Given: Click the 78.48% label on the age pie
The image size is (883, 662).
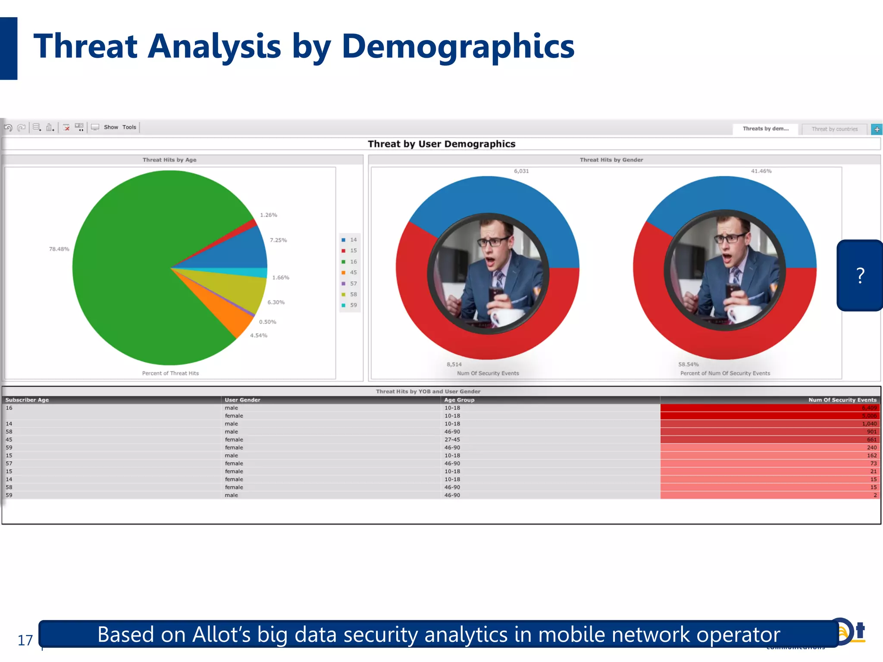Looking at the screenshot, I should point(59,249).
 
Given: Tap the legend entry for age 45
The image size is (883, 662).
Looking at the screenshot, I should point(350,272).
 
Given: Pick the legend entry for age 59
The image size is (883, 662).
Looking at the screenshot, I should point(350,305).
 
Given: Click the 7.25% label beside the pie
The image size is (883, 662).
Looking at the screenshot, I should point(278,240).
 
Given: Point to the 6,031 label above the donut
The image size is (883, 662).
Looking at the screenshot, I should point(521,171).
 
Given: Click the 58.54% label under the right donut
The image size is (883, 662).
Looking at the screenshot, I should point(688,364).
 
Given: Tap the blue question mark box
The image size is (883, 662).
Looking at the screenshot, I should point(860,275).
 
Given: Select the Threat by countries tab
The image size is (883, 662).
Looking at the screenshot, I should point(834,129).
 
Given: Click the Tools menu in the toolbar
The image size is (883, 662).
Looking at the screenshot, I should point(129,127).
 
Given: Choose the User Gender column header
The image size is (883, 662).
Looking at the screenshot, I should point(242,400).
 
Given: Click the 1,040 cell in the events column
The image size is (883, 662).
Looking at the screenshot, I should point(869,424).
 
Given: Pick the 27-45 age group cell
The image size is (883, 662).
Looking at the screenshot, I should point(452,440).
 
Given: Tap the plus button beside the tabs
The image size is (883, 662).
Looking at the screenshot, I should point(877,129).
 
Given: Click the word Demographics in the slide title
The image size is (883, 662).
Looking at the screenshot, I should point(457,47).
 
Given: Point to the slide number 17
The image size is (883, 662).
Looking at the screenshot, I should point(25,640).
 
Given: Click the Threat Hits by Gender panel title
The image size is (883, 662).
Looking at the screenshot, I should point(611,160).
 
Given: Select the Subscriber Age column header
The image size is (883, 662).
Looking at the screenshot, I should point(27,400).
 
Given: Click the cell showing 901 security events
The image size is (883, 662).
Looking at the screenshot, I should point(871,432).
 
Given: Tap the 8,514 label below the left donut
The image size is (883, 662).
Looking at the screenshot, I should point(454,364).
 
